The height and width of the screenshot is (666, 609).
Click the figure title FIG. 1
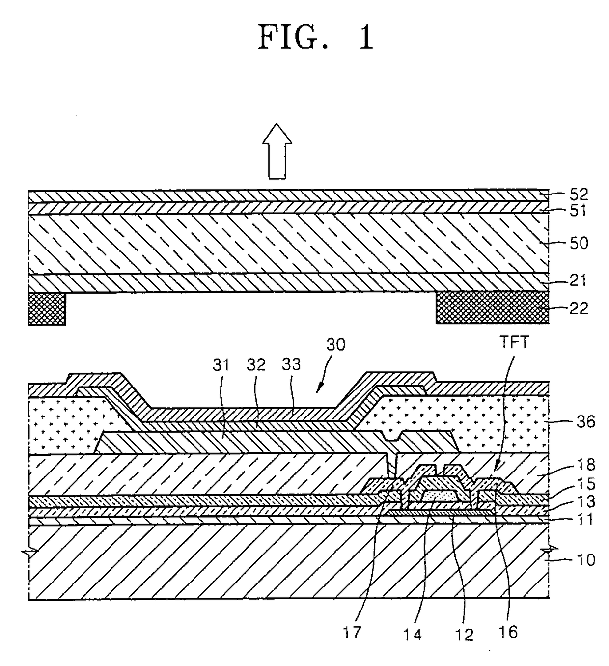316,37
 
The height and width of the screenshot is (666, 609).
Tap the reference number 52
578,194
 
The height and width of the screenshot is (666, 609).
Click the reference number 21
578,280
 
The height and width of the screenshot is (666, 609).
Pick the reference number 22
578,308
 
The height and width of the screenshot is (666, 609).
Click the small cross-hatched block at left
47,308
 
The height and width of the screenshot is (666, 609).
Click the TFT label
514,342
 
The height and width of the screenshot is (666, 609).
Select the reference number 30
336,345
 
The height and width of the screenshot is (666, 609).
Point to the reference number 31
221,364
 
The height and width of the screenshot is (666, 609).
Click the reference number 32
256,364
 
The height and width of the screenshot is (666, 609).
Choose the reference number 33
291,364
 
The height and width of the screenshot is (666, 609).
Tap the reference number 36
585,421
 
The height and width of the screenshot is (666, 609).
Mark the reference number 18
585,464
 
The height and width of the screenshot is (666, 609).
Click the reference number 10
585,559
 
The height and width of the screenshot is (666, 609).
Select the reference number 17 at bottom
352,632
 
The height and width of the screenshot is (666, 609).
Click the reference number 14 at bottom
413,635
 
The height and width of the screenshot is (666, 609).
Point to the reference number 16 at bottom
508,632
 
